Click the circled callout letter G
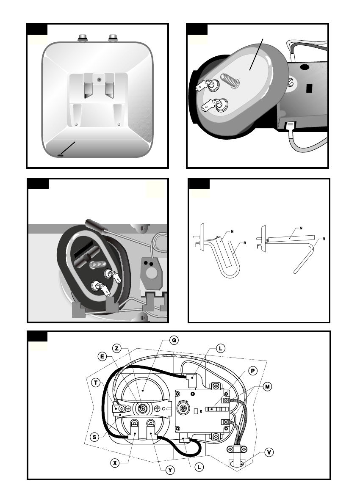173,340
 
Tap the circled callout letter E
102,356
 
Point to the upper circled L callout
221,348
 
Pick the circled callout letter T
97,382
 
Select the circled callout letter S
95,436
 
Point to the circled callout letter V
268,452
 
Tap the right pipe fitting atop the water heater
113,38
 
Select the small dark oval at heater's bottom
60,155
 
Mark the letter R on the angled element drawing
323,239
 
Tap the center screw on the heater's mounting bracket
98,79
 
